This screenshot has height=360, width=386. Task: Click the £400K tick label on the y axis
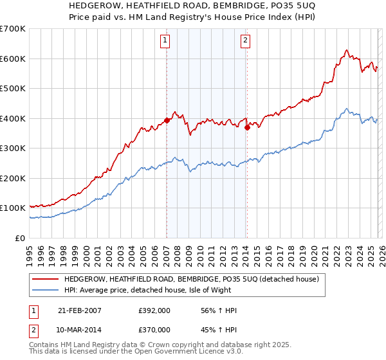click(13, 118)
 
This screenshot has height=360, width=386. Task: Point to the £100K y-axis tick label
click(13, 208)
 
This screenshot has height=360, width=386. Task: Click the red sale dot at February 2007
click(167, 120)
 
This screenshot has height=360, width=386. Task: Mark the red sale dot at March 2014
click(247, 127)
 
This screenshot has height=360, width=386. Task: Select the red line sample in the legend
click(45, 280)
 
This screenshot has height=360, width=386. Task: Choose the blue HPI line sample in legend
click(45, 291)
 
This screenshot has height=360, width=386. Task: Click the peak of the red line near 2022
click(346, 50)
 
